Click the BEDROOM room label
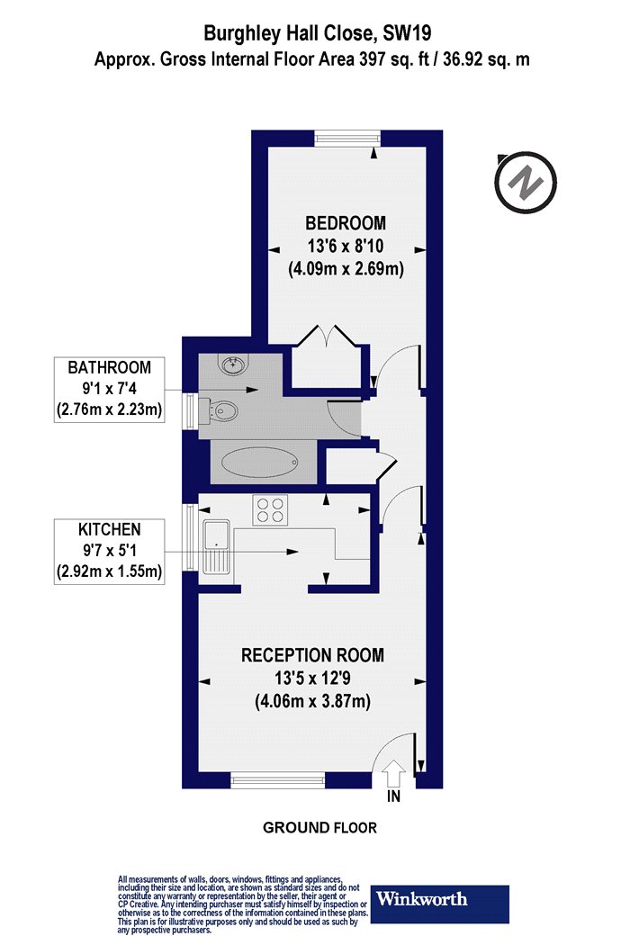(346, 223)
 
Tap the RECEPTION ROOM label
(312, 655)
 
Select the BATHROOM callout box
(109, 390)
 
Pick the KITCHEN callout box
(109, 551)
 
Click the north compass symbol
(525, 182)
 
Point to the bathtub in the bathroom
(260, 463)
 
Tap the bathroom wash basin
(232, 364)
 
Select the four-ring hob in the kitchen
(270, 509)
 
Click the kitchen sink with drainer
(216, 546)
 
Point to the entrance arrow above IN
(394, 773)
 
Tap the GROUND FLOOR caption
(319, 828)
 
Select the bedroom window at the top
(347, 138)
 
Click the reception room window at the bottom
(278, 781)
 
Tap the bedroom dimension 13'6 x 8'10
(346, 246)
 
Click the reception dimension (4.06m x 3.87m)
(312, 701)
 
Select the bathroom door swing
(338, 418)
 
